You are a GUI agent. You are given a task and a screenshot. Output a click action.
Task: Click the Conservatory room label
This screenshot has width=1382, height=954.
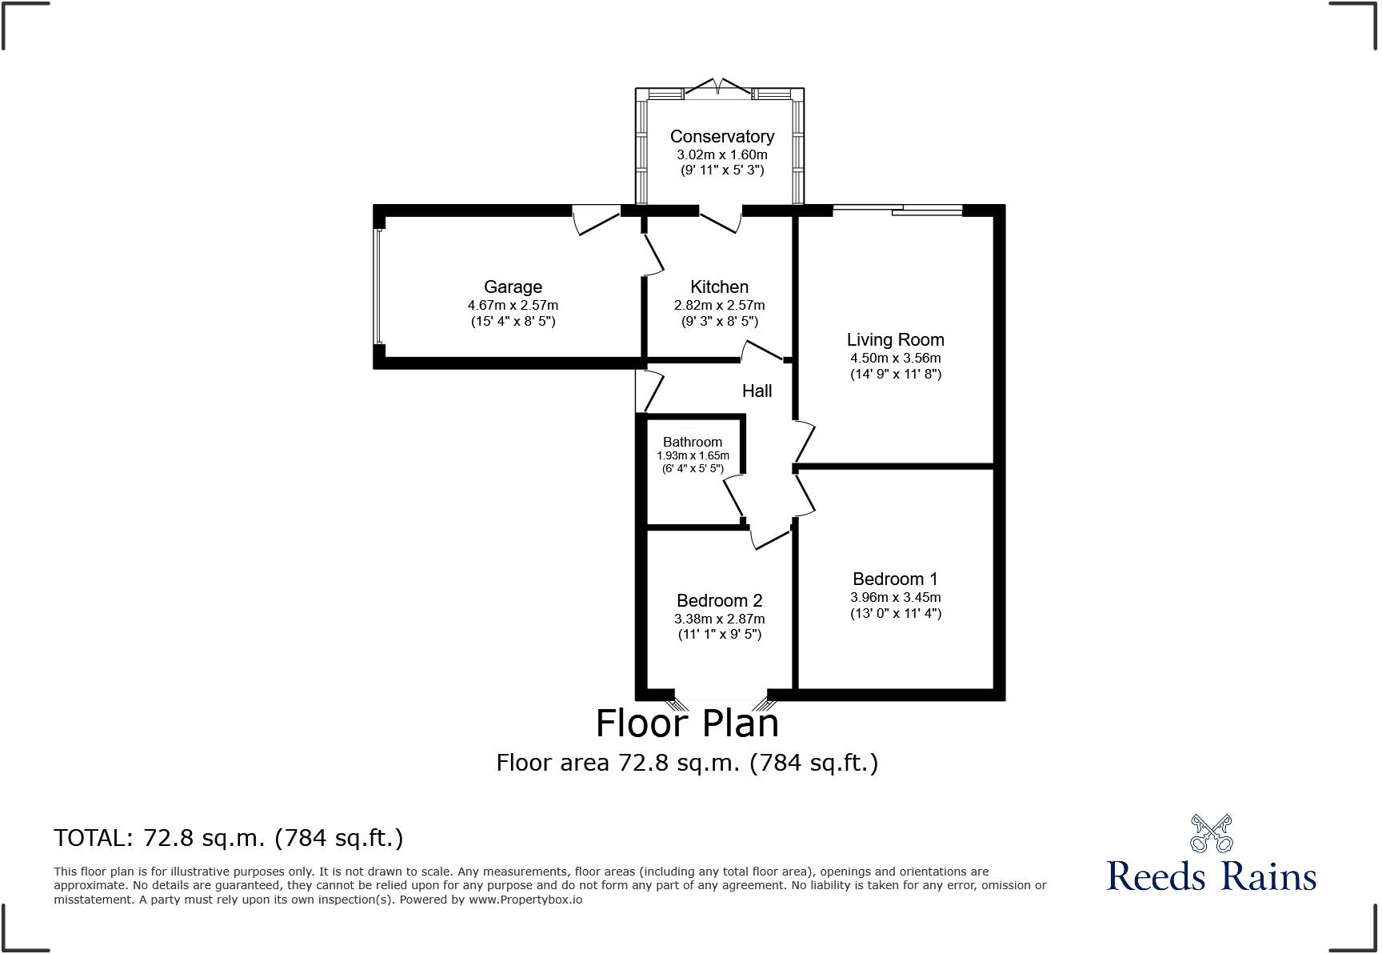click(x=721, y=137)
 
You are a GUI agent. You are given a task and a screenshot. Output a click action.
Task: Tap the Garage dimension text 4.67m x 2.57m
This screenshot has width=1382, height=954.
click(x=513, y=305)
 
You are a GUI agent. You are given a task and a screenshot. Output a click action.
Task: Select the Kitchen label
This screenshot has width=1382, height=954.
click(x=719, y=287)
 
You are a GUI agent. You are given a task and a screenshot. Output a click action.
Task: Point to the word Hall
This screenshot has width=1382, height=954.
click(x=757, y=391)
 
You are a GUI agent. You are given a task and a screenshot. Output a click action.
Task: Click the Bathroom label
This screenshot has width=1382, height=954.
click(x=692, y=442)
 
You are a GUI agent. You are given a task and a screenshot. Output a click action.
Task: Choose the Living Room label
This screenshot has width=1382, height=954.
click(x=895, y=340)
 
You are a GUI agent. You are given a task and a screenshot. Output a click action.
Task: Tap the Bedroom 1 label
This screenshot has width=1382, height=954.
click(x=895, y=579)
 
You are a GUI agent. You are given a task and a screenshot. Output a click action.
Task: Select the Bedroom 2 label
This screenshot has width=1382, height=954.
click(x=719, y=600)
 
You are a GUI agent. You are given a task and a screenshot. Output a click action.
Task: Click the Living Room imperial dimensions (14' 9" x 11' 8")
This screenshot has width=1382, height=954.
click(x=895, y=374)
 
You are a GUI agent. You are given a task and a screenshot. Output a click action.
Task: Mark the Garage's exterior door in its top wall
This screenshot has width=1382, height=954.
click(x=596, y=220)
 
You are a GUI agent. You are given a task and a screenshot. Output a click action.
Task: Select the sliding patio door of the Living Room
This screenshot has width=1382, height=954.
click(x=897, y=210)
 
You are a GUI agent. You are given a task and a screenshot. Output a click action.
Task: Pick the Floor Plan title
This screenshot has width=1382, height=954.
click(x=687, y=724)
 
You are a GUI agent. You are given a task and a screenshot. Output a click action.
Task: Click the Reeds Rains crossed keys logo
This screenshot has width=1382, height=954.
click(x=1211, y=834)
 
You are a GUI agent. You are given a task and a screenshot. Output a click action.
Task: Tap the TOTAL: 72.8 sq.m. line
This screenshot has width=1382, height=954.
click(x=229, y=838)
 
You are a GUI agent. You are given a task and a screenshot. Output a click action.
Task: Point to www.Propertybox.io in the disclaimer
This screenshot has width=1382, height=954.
click(x=525, y=900)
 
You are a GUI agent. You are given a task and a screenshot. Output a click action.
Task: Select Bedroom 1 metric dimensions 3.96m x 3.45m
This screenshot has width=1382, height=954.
click(x=895, y=597)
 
